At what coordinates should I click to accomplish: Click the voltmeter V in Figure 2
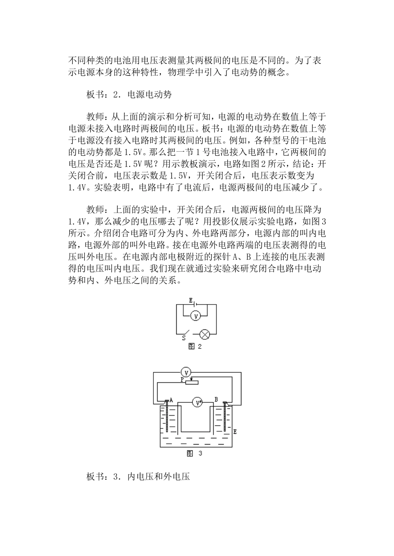point(197,316)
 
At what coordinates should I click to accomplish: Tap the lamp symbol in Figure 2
point(205,334)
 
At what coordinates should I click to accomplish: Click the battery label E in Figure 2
point(191,300)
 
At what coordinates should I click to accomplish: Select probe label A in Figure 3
point(171,400)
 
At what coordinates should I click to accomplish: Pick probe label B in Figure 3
point(216,399)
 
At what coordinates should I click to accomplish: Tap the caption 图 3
point(195,453)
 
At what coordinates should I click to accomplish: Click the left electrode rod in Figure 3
point(167,421)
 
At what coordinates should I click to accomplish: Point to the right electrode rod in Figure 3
point(225,421)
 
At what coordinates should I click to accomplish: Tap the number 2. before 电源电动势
point(116,94)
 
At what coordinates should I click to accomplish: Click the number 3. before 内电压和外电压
point(116,476)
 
